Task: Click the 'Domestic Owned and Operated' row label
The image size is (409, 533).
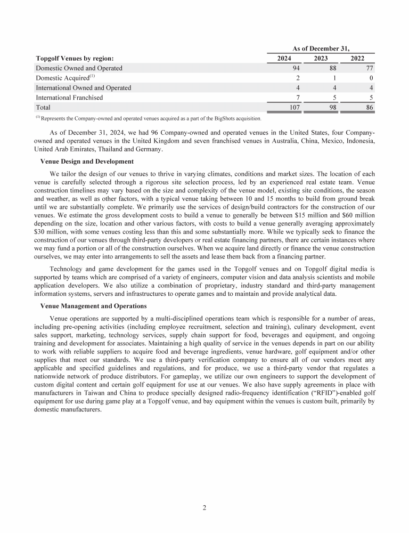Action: [79, 68]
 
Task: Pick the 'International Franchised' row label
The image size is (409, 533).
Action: [69, 97]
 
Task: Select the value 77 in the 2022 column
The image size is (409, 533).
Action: [369, 68]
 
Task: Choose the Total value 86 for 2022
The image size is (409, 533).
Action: [369, 107]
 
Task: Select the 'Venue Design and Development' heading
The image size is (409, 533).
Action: [87, 161]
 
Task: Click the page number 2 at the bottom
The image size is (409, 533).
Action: [204, 507]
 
